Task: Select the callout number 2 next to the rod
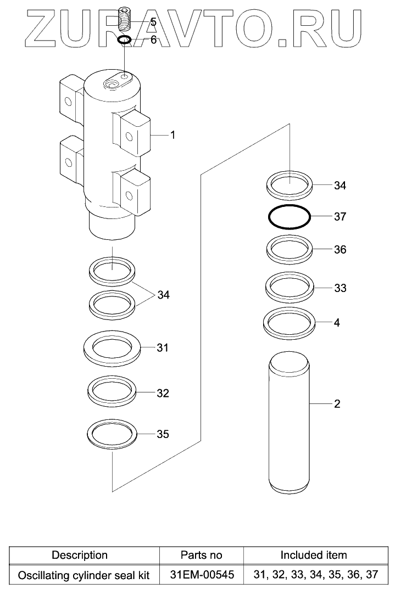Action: click(x=337, y=405)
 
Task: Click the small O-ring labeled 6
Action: click(x=125, y=40)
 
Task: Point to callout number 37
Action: click(x=340, y=216)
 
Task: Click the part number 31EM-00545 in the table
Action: click(x=202, y=575)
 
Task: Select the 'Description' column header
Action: click(x=80, y=555)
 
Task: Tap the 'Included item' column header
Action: click(x=314, y=555)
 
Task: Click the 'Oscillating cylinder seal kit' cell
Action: click(x=84, y=575)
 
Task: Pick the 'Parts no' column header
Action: click(x=202, y=555)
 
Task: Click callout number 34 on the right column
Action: click(x=340, y=186)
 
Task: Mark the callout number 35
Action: click(x=163, y=435)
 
